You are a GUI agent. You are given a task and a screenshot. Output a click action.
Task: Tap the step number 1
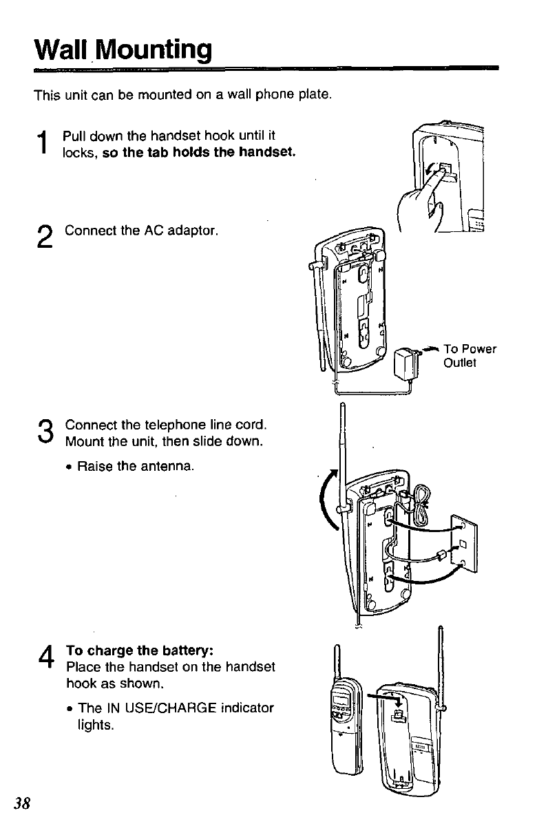(x=43, y=143)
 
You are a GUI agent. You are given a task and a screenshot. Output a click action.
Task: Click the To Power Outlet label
(x=470, y=355)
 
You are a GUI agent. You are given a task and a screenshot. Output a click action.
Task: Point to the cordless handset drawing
(x=344, y=723)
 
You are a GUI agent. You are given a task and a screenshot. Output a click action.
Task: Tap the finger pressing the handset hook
(x=421, y=198)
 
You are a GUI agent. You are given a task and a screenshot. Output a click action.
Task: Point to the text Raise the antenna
(x=136, y=466)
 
